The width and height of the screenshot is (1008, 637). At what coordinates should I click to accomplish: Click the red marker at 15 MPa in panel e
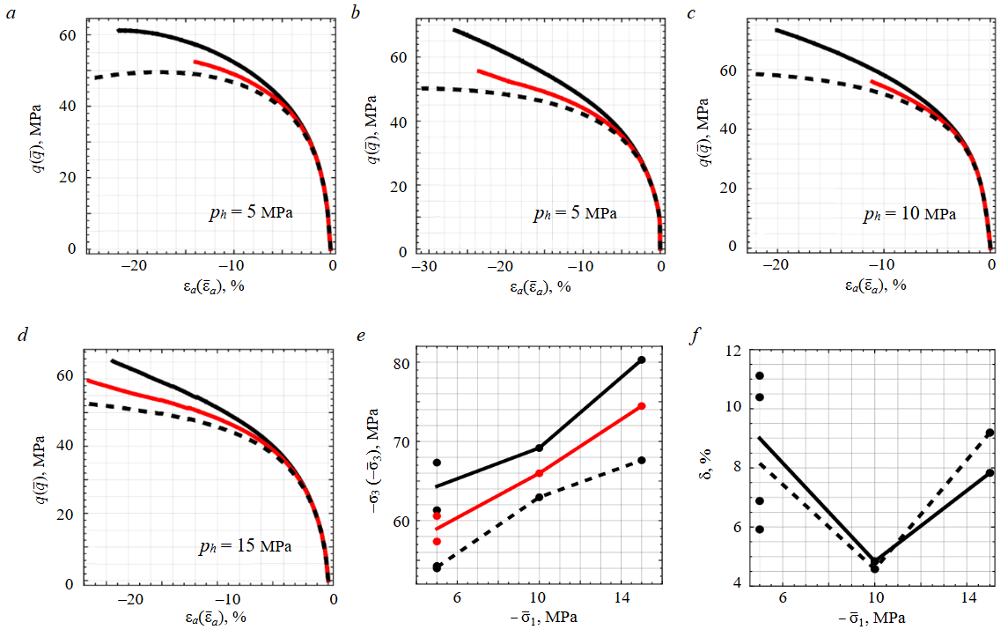(642, 406)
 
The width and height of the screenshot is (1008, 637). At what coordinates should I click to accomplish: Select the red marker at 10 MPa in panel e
(539, 473)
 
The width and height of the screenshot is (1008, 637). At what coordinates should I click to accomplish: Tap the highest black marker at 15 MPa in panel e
(642, 359)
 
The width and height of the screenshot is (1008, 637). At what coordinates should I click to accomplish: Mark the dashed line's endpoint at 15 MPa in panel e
(642, 460)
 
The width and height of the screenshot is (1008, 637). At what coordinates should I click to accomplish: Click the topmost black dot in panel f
(759, 375)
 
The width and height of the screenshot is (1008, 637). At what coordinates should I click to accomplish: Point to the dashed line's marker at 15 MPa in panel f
(990, 433)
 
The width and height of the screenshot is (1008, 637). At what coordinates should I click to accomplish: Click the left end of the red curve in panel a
(195, 62)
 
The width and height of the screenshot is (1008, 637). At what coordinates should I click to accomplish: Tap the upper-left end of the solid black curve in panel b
(454, 30)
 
